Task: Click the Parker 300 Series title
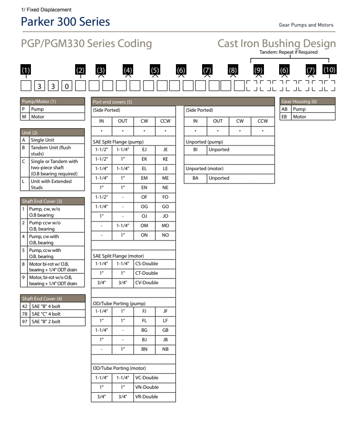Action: click(x=66, y=22)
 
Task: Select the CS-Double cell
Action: click(x=146, y=263)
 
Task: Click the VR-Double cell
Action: click(x=146, y=397)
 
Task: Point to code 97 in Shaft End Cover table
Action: click(x=25, y=322)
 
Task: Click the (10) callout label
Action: click(x=329, y=70)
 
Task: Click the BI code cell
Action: click(x=195, y=150)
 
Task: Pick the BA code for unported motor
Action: click(x=195, y=178)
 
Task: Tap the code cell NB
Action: click(x=165, y=348)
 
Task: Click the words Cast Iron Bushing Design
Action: click(x=276, y=44)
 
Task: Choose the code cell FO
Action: click(x=165, y=196)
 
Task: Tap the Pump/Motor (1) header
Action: click(x=39, y=101)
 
